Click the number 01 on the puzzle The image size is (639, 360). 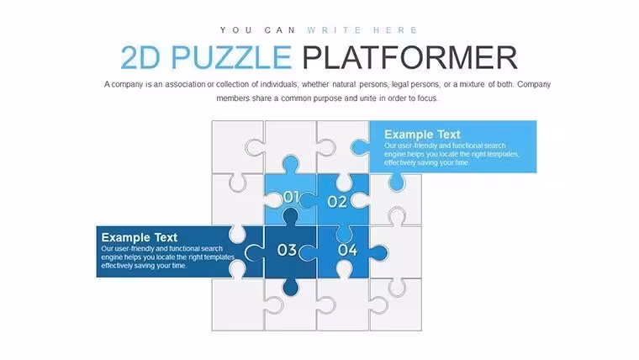pyautogui.click(x=292, y=197)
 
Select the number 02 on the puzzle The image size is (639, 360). pyautogui.click(x=337, y=201)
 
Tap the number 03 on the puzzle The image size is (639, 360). pyautogui.click(x=287, y=250)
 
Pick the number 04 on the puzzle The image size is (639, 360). pyautogui.click(x=347, y=250)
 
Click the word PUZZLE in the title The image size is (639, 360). pyautogui.click(x=231, y=57)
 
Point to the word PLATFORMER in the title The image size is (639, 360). pyautogui.click(x=409, y=57)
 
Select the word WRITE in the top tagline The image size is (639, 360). pyautogui.click(x=334, y=30)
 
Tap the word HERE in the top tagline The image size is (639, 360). pyautogui.click(x=395, y=30)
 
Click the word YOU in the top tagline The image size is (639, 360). pyautogui.click(x=236, y=30)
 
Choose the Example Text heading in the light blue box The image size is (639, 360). pyautogui.click(x=422, y=134)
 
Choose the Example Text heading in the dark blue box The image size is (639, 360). pyautogui.click(x=140, y=237)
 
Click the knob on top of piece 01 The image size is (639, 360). pyautogui.click(x=291, y=164)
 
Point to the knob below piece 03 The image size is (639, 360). pyautogui.click(x=290, y=287)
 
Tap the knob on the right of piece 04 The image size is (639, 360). pyautogui.click(x=378, y=253)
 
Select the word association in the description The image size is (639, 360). pyautogui.click(x=185, y=84)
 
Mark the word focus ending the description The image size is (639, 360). pyautogui.click(x=427, y=98)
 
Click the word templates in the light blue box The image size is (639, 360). pyautogui.click(x=503, y=154)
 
